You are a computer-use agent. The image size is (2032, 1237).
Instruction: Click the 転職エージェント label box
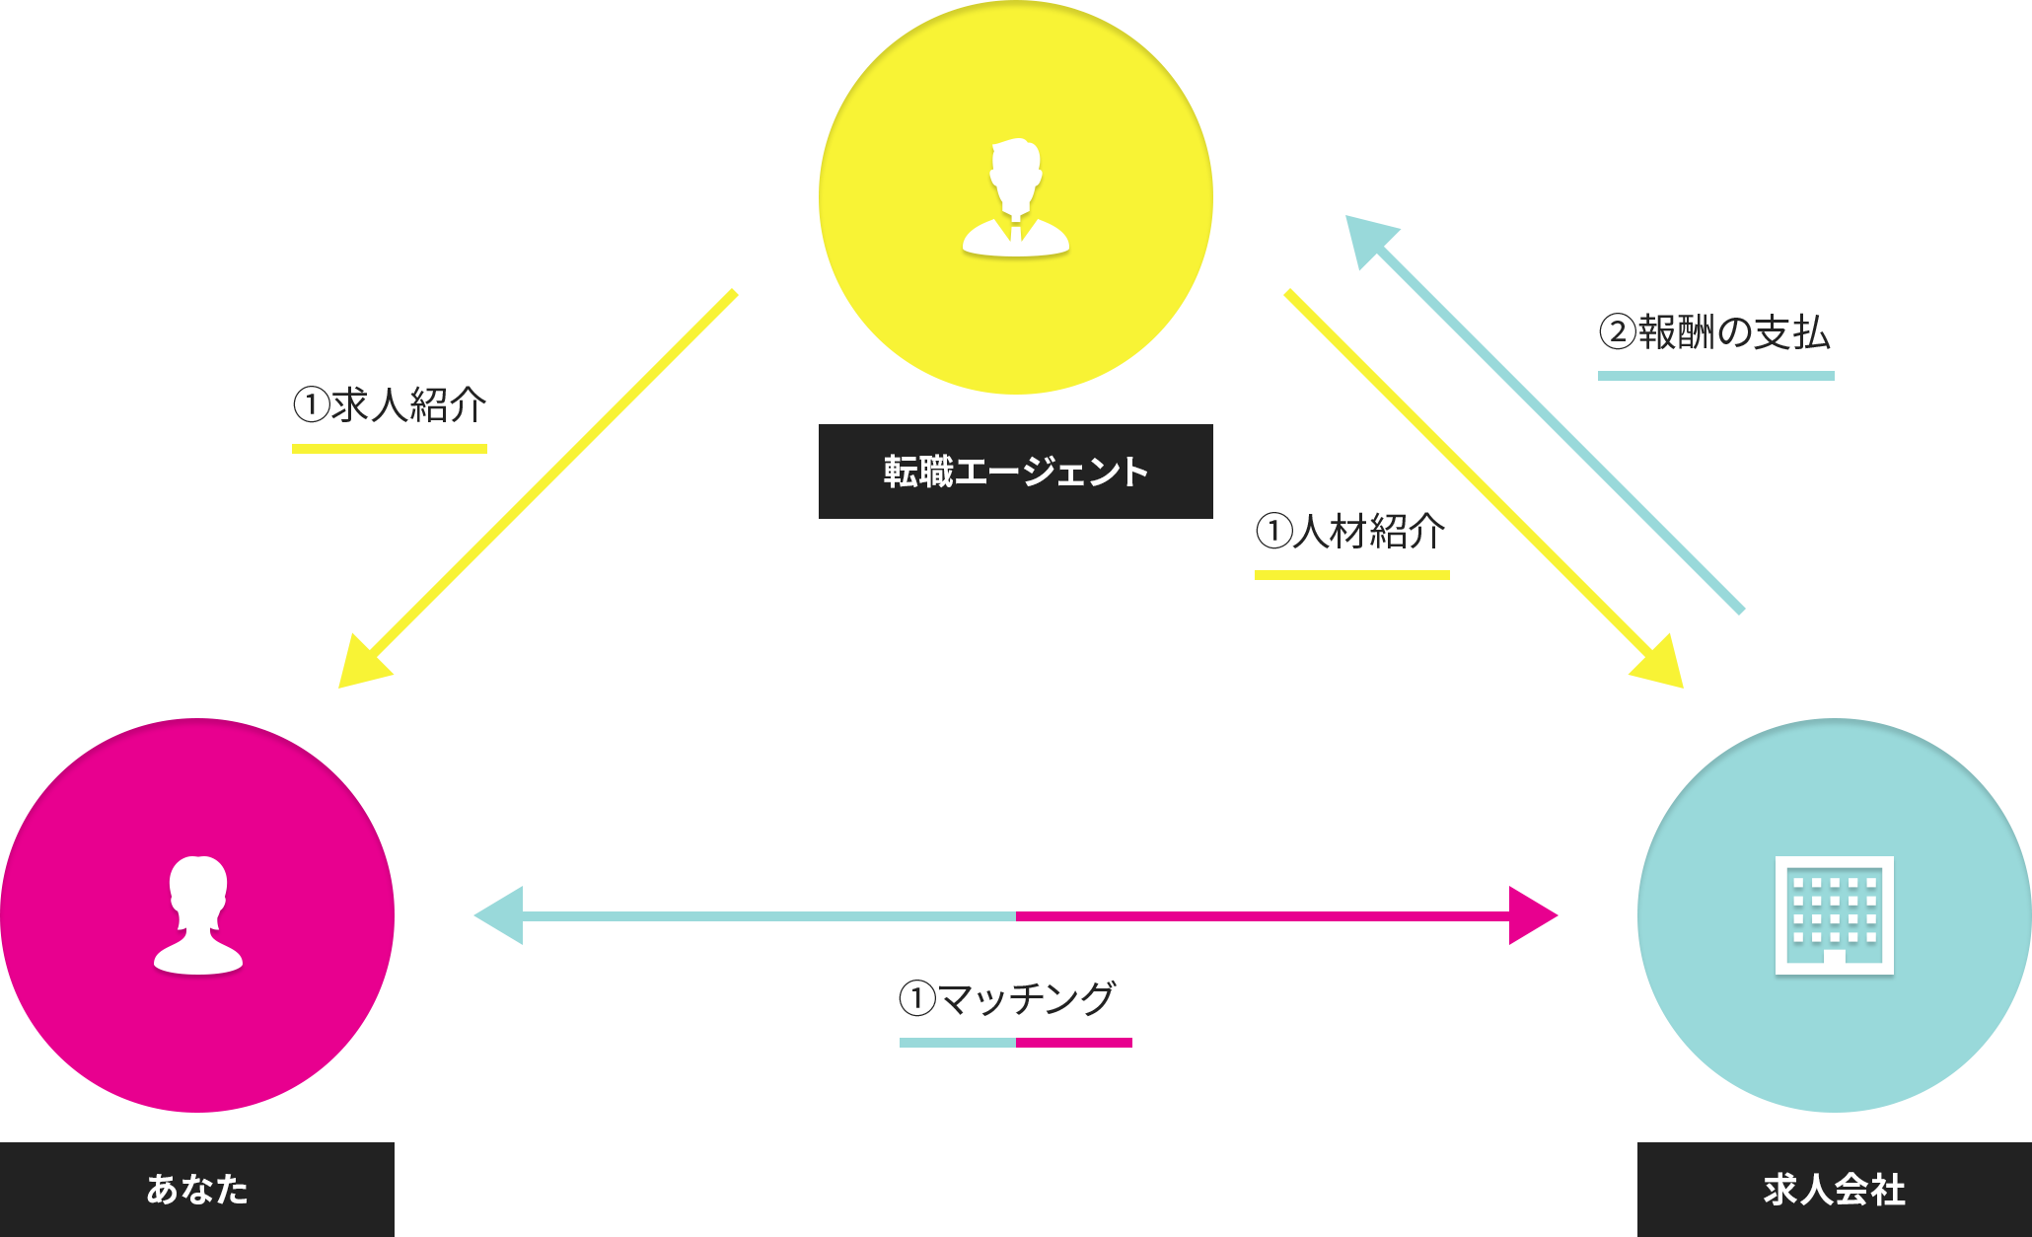(1015, 472)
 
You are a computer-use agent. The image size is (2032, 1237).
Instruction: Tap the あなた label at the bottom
(197, 1189)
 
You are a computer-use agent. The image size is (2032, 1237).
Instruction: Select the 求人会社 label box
(1834, 1189)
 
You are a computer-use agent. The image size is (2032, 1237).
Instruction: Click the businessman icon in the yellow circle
(1016, 197)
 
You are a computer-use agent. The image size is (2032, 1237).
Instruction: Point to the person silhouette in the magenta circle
(197, 914)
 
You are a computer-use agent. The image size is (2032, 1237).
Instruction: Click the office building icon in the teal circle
(1834, 914)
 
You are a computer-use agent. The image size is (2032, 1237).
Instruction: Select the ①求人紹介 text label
(390, 404)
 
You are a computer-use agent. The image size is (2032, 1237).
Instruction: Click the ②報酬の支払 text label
(1716, 331)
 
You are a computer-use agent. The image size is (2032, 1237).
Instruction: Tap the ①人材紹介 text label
(1349, 531)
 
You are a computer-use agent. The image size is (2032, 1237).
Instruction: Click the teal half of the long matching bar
(743, 914)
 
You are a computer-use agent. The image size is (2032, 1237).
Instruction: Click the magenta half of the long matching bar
(1287, 914)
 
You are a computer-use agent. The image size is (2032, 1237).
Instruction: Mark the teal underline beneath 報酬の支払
(1716, 376)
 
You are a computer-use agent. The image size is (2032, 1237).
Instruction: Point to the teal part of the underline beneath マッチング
(957, 1043)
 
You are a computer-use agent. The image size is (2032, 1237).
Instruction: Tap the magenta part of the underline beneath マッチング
(1075, 1043)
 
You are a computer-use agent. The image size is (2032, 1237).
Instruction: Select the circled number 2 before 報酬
(1620, 331)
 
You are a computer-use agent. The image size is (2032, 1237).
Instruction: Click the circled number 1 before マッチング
(917, 998)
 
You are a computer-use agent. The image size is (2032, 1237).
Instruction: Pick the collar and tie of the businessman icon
(1016, 230)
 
